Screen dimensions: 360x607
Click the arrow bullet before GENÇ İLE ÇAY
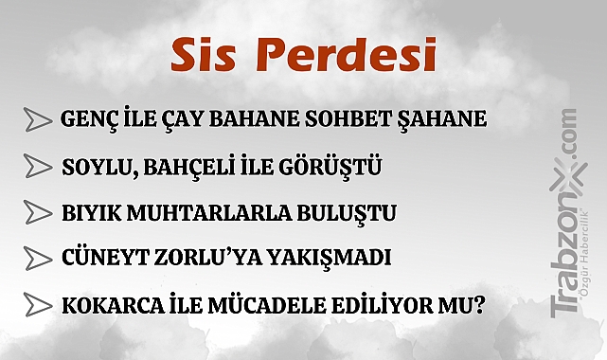tap(37, 120)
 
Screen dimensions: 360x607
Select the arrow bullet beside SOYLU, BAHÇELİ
tap(37, 167)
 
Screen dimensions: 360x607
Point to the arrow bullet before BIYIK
tap(37, 211)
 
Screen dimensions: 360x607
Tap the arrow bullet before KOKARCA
tap(37, 305)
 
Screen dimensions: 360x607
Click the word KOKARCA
tap(107, 305)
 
